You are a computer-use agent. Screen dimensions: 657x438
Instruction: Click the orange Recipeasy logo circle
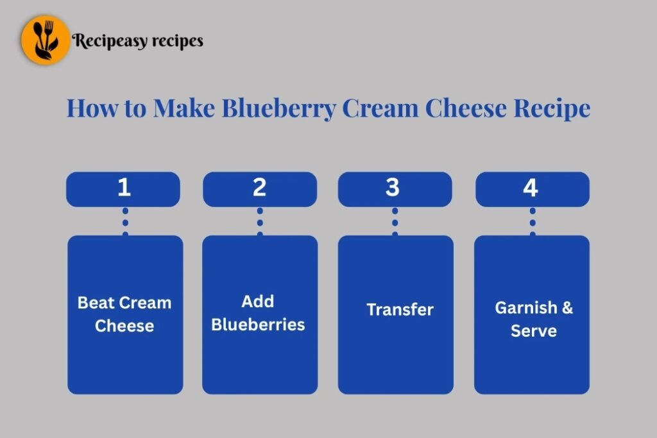point(46,40)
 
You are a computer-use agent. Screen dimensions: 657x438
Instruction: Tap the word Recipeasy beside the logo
point(110,41)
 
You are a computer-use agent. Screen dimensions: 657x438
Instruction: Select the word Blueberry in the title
point(278,108)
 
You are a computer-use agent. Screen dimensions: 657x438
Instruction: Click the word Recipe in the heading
point(552,109)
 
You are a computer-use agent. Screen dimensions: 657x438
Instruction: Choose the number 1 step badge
point(123,189)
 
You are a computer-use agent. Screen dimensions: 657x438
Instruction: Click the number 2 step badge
point(260,189)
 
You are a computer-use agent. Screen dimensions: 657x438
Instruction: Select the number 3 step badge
point(395,189)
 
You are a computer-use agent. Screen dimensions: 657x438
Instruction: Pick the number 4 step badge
point(533,189)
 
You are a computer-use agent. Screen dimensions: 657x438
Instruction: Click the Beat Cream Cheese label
point(124,314)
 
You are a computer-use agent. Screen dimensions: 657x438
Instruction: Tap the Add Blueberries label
point(258,313)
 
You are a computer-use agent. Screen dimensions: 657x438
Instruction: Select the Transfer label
point(400,310)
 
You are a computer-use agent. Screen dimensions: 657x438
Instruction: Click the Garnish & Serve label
point(534,319)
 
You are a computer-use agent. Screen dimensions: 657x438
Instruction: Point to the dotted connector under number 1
point(125,222)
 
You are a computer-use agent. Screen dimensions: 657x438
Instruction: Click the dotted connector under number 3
point(395,222)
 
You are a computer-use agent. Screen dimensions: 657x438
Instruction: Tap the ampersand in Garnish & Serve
point(567,308)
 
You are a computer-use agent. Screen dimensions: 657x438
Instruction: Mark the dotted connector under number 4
point(533,222)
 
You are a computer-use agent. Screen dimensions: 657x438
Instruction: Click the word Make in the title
point(184,108)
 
